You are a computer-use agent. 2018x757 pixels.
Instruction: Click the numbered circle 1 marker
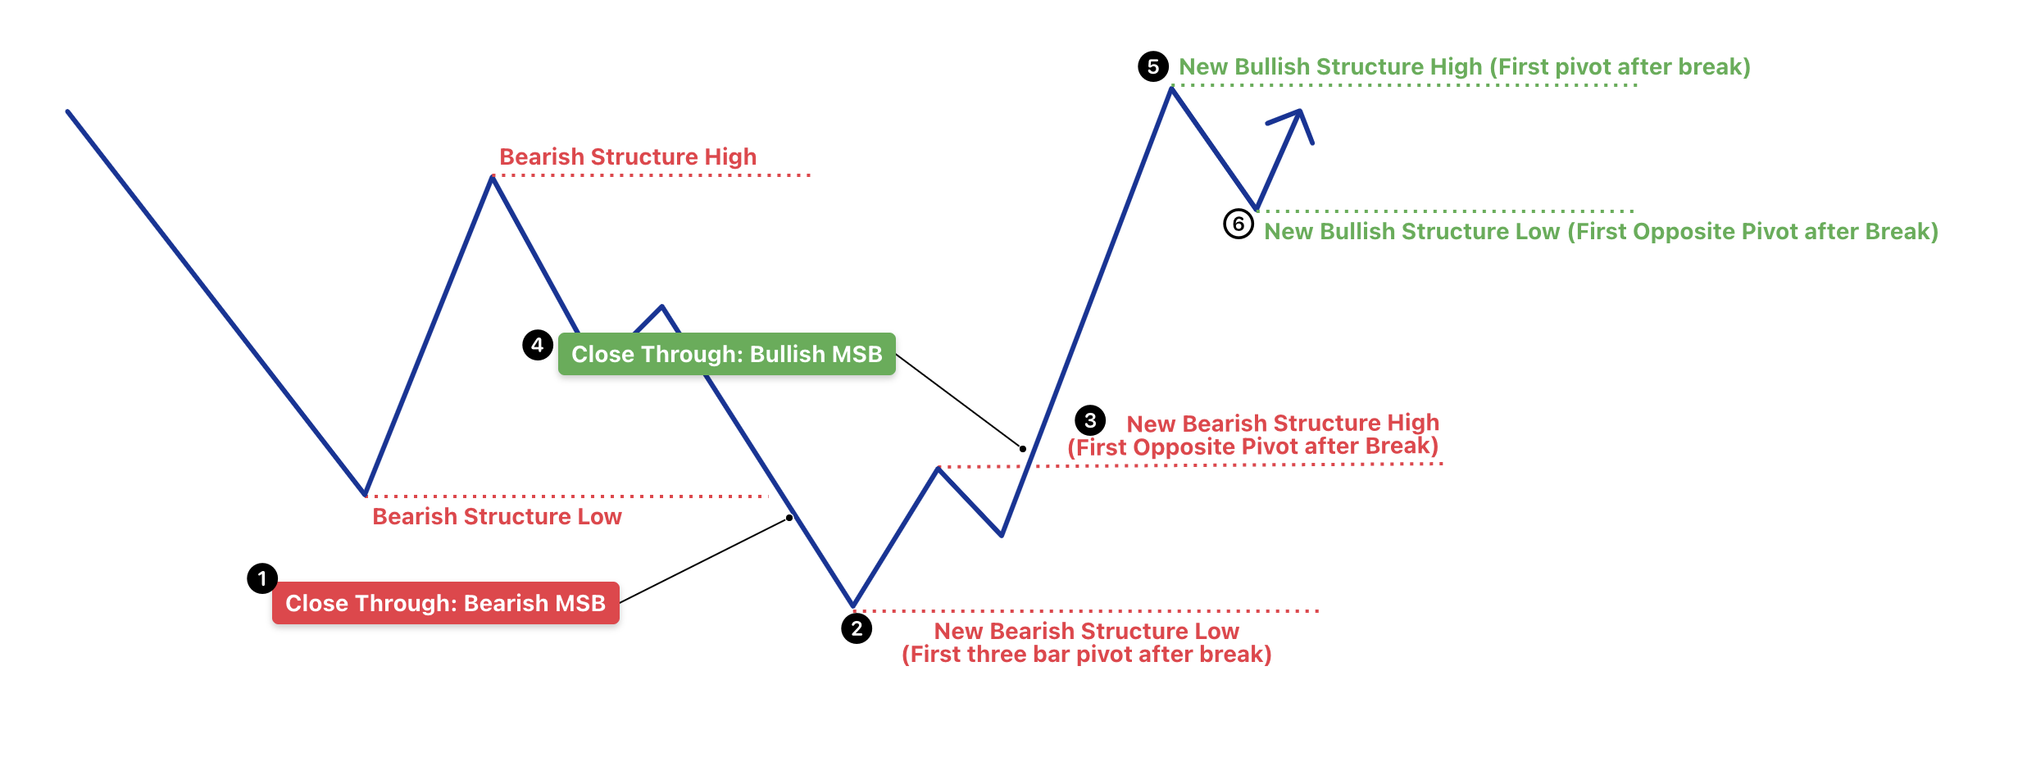pyautogui.click(x=262, y=578)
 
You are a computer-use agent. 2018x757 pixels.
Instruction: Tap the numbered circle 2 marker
pyautogui.click(x=857, y=628)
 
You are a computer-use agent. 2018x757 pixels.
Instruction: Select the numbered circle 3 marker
pyautogui.click(x=1090, y=420)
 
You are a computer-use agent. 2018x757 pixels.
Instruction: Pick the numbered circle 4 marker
pyautogui.click(x=538, y=345)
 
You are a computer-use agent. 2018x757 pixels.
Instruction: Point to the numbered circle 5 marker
pyautogui.click(x=1153, y=66)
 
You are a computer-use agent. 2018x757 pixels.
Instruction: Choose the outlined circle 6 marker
pyautogui.click(x=1239, y=224)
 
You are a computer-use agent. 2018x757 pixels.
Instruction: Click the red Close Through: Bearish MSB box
pyautogui.click(x=446, y=603)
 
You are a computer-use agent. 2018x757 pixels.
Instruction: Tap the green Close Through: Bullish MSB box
pyautogui.click(x=727, y=354)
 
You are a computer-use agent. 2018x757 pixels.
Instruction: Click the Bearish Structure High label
pyautogui.click(x=628, y=156)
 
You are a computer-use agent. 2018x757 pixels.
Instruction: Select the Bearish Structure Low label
pyautogui.click(x=497, y=516)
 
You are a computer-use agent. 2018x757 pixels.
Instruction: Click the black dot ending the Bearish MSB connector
pyautogui.click(x=789, y=518)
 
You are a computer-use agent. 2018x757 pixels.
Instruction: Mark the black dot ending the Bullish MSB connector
pyautogui.click(x=1023, y=449)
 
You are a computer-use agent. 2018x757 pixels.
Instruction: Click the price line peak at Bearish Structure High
pyautogui.click(x=492, y=178)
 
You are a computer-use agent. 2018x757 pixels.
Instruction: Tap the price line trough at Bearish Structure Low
pyautogui.click(x=365, y=494)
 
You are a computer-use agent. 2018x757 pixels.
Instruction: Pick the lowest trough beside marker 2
pyautogui.click(x=853, y=605)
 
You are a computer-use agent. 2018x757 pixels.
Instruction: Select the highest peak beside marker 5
pyautogui.click(x=1172, y=88)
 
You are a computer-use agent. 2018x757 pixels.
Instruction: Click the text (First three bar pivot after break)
pyautogui.click(x=1087, y=655)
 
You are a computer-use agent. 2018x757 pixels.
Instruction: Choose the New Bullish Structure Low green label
pyautogui.click(x=1601, y=232)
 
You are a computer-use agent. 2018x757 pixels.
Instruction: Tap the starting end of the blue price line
pyautogui.click(x=68, y=111)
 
